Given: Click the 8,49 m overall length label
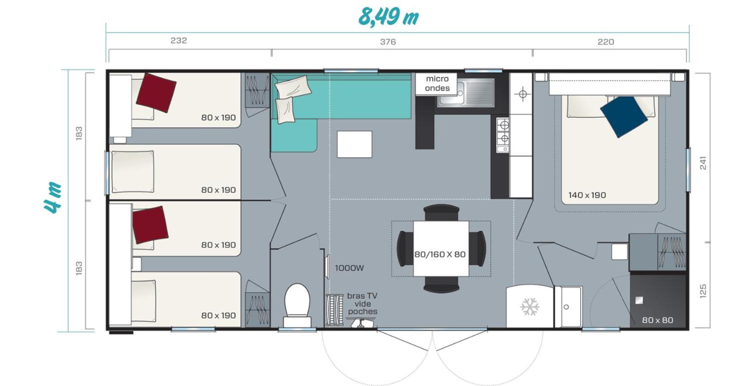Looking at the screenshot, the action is pos(388,17).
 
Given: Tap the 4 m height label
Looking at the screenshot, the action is pos(53,198).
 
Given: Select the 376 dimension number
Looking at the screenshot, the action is pos(388,42).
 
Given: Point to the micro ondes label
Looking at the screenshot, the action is pos(437,83).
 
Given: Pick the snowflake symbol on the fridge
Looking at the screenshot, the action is pos(530,307).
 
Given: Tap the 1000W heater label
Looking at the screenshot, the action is pos(349,268).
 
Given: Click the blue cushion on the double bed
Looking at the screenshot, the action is pos(623,116).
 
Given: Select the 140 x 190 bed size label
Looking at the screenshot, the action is pos(587,195).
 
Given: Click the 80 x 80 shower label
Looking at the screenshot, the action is pos(657,320).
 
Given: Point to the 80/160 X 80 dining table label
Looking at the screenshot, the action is pos(440,254).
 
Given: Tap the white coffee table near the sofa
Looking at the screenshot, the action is pos(354,144).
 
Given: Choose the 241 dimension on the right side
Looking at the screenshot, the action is pos(703,163).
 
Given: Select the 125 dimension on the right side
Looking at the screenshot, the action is pos(703,291).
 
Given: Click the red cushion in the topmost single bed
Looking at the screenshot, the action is pos(156,93).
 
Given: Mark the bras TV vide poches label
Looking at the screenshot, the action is pos(362,303).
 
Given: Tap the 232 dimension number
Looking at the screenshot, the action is pos(179,40).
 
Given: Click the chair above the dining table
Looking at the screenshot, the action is pos(441,212).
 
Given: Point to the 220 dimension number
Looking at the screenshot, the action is pos(605,42).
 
